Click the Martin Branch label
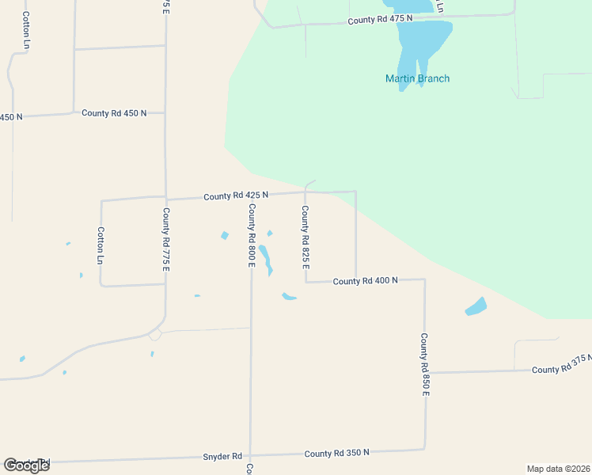pyautogui.click(x=417, y=78)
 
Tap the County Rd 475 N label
pyautogui.click(x=380, y=20)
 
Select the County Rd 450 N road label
pyautogui.click(x=114, y=113)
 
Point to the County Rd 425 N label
pyautogui.click(x=236, y=195)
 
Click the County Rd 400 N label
pyautogui.click(x=365, y=281)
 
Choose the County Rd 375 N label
pyautogui.click(x=561, y=369)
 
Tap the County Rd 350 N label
pyautogui.click(x=337, y=453)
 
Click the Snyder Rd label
pyautogui.click(x=222, y=456)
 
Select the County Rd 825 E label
pyautogui.click(x=305, y=237)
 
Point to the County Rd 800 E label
pyautogui.click(x=251, y=235)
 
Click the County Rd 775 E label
pyautogui.click(x=166, y=239)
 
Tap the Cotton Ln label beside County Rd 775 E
pyautogui.click(x=101, y=245)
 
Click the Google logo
pyautogui.click(x=27, y=465)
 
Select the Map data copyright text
pyautogui.click(x=559, y=469)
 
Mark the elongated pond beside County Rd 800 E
pyautogui.click(x=266, y=259)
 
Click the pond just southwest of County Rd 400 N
pyautogui.click(x=289, y=297)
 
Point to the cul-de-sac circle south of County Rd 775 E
pyautogui.click(x=155, y=335)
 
